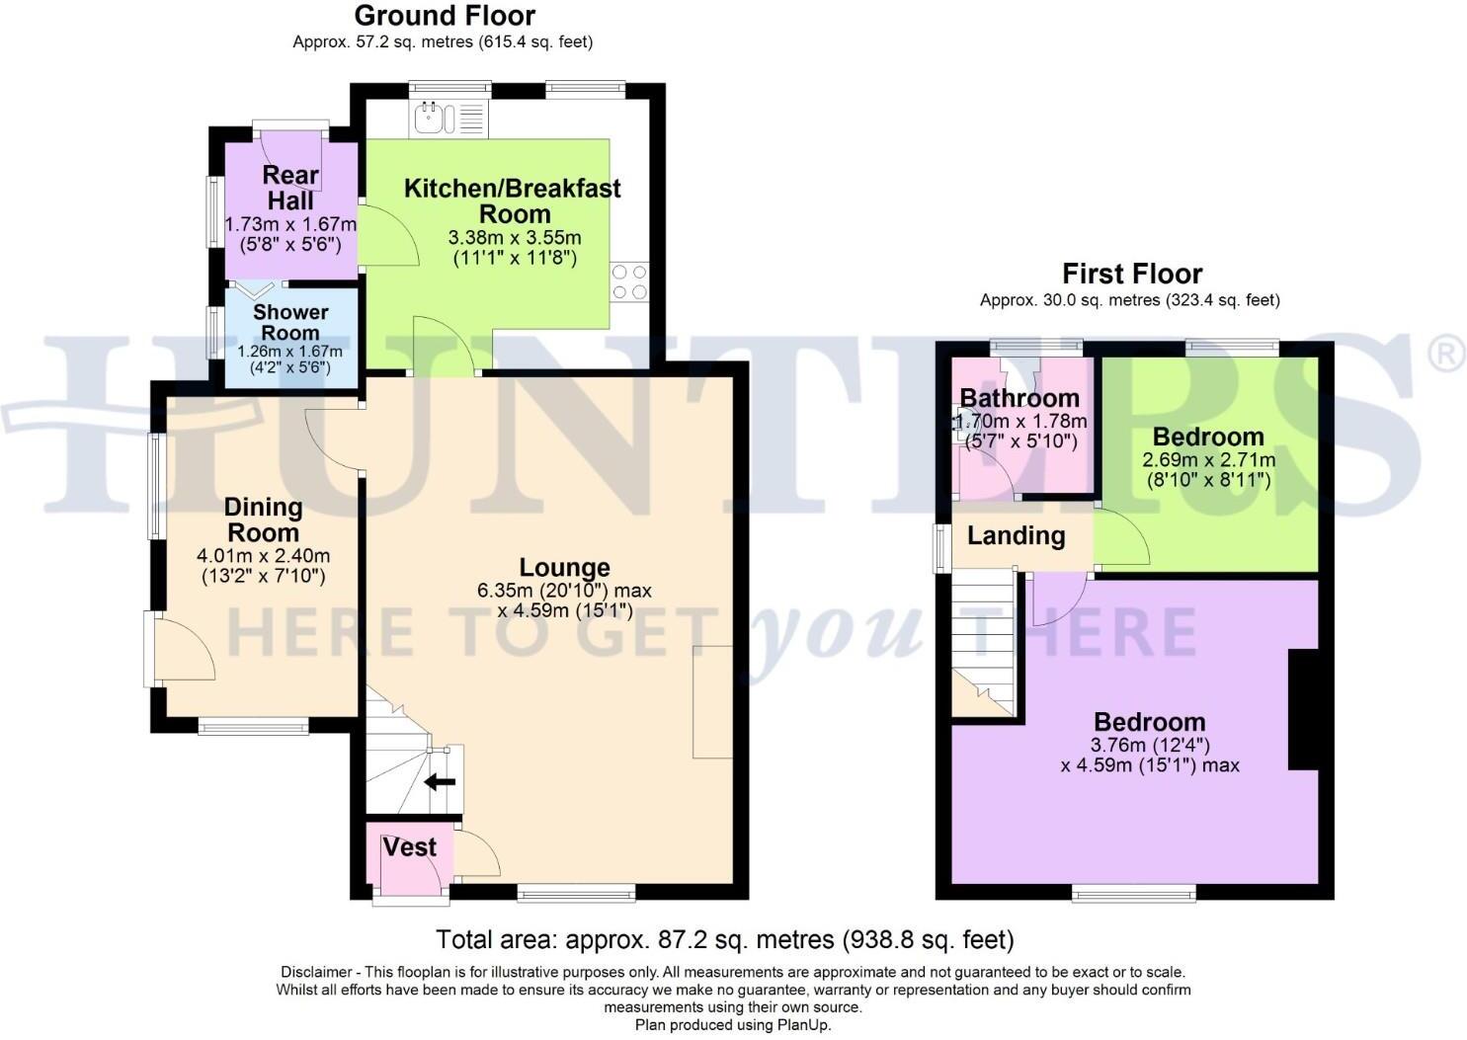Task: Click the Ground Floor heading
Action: click(x=445, y=16)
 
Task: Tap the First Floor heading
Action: click(x=1132, y=274)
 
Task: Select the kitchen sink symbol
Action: click(x=432, y=119)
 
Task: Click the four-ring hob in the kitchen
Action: click(x=629, y=281)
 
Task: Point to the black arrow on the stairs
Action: click(x=440, y=782)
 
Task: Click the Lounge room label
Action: click(x=564, y=568)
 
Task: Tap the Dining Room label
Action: click(x=263, y=520)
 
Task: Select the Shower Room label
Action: click(x=290, y=323)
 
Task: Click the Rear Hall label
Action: click(x=290, y=188)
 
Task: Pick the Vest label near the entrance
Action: click(x=409, y=847)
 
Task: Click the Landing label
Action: click(x=1016, y=536)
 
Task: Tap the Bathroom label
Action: click(x=1019, y=398)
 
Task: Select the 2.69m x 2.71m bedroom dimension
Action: click(x=1208, y=460)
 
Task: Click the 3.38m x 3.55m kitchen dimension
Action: click(x=515, y=238)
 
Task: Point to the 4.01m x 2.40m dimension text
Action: click(x=263, y=556)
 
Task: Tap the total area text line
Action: click(x=724, y=939)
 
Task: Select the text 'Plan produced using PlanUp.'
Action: click(x=733, y=1025)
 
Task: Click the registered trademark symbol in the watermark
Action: click(x=1448, y=354)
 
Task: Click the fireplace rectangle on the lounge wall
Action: click(x=712, y=701)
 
